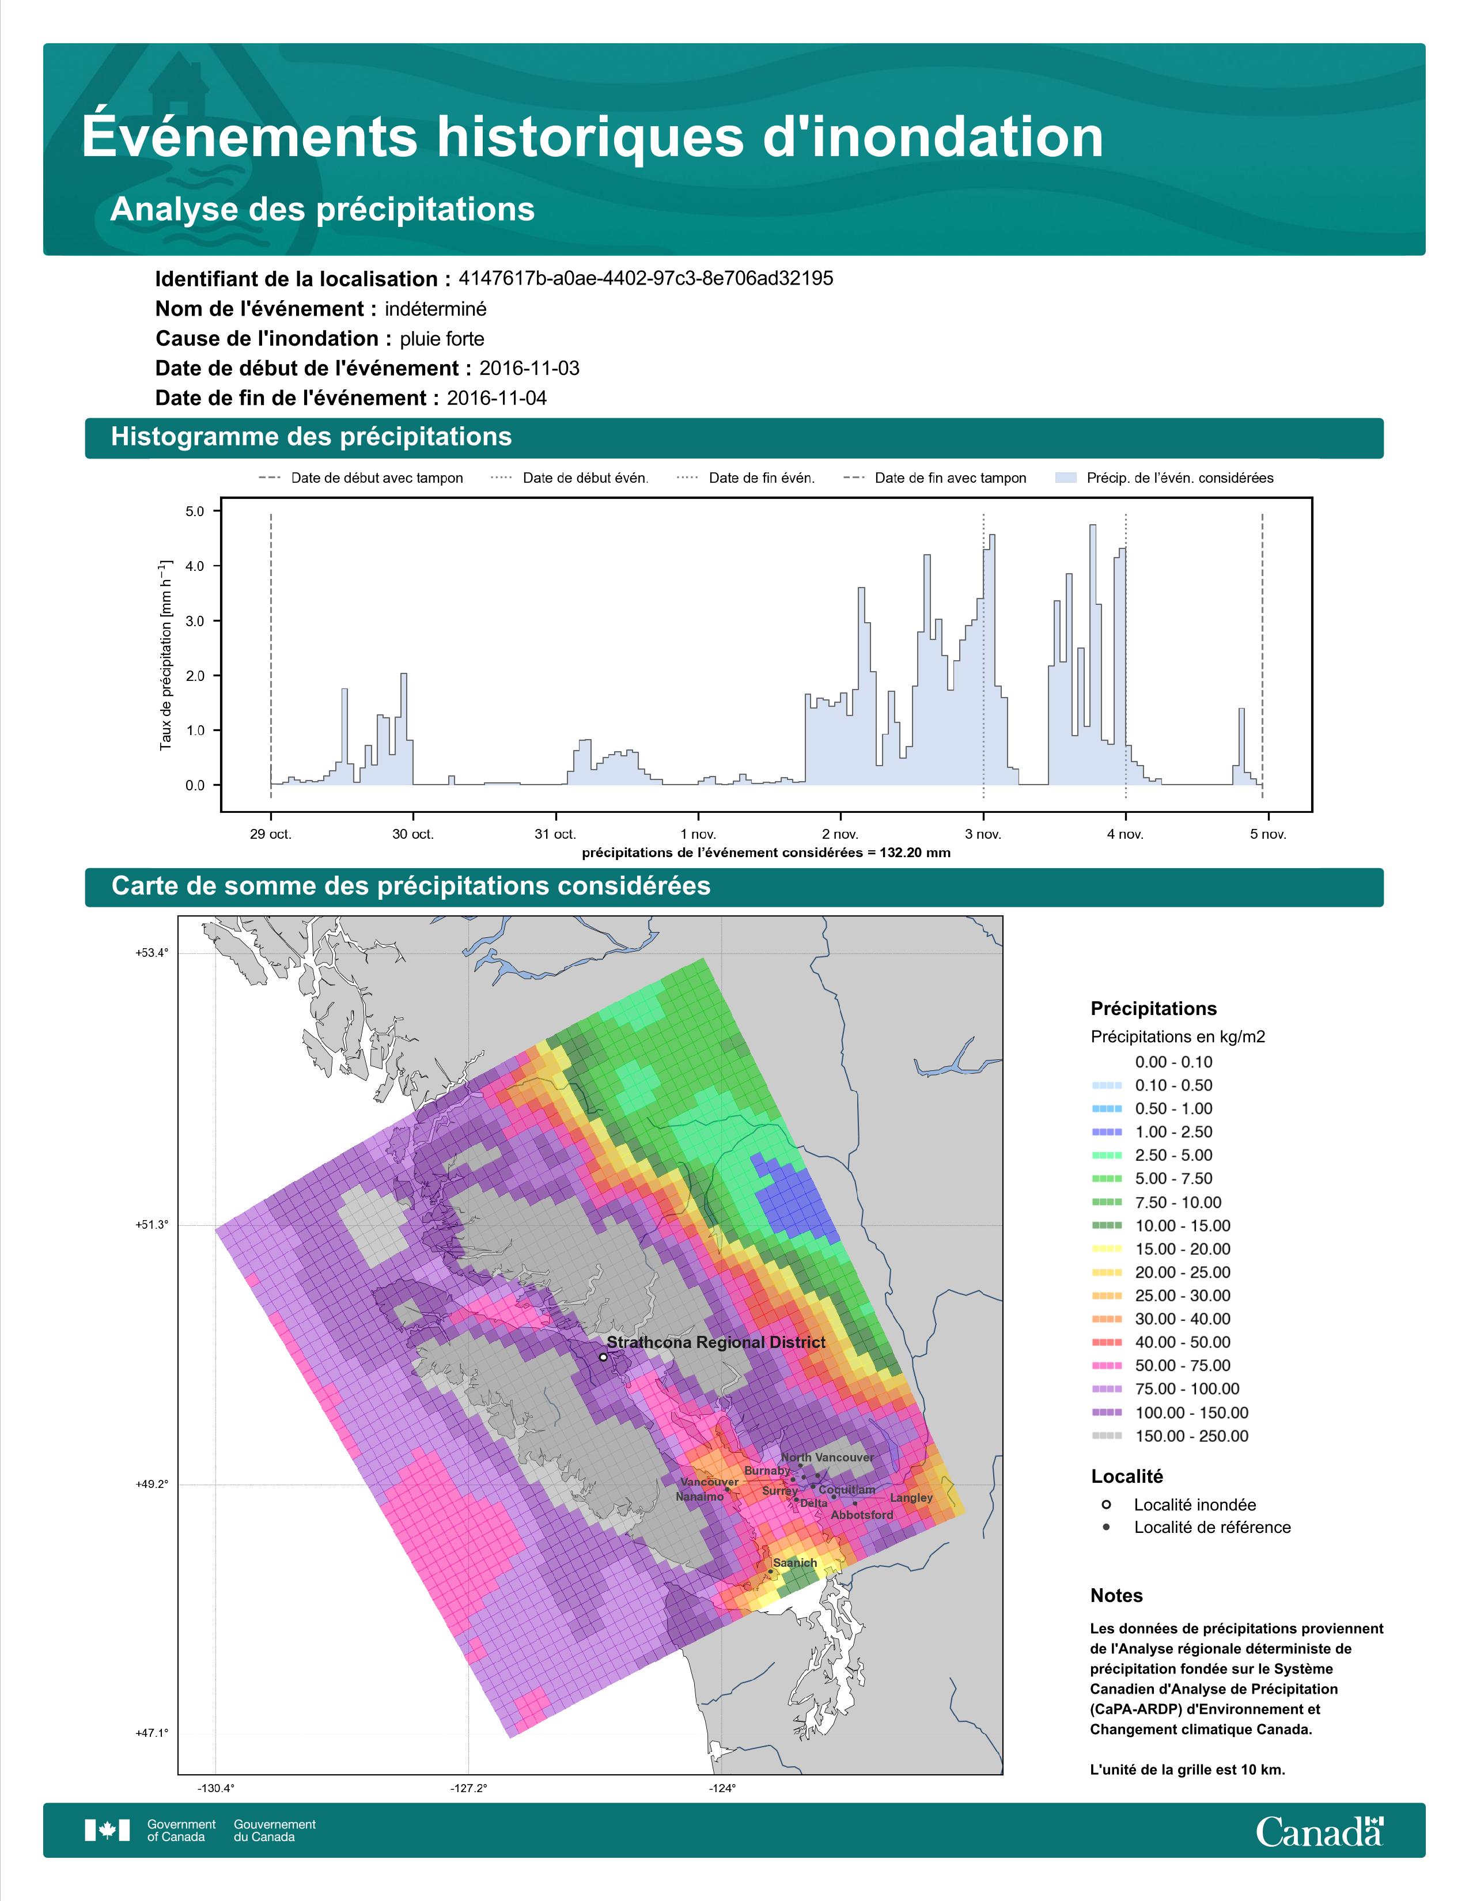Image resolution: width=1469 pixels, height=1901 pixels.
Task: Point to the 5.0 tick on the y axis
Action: click(195, 511)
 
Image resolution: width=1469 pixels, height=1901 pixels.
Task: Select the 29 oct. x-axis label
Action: click(271, 834)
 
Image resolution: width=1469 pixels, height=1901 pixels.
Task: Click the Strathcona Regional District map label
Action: click(715, 1342)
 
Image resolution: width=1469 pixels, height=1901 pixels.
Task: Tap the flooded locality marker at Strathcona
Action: click(603, 1357)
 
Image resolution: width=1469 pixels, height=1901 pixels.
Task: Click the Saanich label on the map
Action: click(794, 1562)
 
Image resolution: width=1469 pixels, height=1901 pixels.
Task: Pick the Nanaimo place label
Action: click(700, 1496)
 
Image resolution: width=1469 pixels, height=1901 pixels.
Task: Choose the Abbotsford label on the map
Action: click(862, 1514)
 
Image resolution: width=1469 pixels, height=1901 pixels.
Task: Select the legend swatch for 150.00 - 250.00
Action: click(1106, 1436)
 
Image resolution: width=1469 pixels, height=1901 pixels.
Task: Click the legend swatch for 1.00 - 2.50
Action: click(1106, 1131)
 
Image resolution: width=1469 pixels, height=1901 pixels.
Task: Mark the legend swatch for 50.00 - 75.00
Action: click(1106, 1366)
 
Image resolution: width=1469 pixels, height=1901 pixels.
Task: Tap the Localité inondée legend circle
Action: click(1106, 1504)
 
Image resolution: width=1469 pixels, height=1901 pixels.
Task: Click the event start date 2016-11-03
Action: click(529, 368)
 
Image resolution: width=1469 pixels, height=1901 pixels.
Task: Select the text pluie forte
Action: click(442, 339)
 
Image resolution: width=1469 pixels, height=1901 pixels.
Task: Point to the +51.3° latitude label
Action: click(152, 1225)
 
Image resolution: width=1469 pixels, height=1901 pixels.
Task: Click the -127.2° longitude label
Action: click(469, 1788)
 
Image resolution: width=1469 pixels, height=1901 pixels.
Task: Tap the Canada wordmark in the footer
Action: click(1319, 1832)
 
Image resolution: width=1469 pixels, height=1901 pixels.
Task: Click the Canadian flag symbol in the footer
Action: click(107, 1831)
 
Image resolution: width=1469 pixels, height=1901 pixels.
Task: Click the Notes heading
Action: click(1116, 1596)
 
